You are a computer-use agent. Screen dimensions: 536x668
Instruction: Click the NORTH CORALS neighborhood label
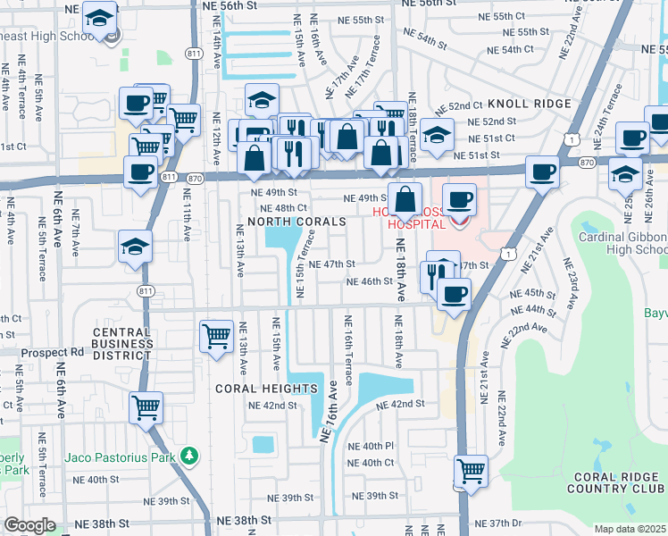296,221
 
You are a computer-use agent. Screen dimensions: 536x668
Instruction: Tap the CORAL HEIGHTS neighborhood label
266,389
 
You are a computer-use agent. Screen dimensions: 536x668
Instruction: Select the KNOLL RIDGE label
530,104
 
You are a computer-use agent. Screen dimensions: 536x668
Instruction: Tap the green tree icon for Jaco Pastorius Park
188,456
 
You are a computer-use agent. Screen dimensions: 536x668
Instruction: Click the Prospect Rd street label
52,352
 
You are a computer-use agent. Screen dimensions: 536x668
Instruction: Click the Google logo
29,525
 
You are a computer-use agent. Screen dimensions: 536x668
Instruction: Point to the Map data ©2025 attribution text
630,529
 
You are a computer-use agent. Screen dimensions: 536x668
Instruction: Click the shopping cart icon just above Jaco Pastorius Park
146,406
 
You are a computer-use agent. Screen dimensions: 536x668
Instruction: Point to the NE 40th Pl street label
371,446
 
